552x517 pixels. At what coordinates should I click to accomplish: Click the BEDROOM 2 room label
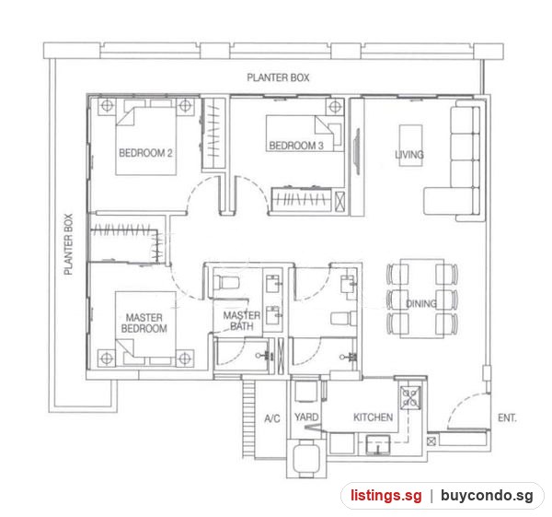(x=145, y=153)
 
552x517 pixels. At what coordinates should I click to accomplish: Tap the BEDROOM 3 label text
(x=296, y=146)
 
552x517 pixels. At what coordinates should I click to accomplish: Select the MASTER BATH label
(x=242, y=321)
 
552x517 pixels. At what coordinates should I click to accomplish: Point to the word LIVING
(x=409, y=155)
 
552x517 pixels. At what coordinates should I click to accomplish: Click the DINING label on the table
(x=421, y=303)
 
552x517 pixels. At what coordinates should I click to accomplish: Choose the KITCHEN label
(x=373, y=417)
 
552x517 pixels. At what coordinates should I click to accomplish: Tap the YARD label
(x=306, y=417)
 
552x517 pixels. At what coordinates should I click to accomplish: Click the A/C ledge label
(x=272, y=418)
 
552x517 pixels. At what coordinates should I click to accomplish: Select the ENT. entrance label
(x=507, y=417)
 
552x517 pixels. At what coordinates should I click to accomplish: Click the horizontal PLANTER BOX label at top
(x=278, y=77)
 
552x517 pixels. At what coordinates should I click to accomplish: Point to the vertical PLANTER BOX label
(x=68, y=244)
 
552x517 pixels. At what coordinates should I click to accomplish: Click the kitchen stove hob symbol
(x=410, y=398)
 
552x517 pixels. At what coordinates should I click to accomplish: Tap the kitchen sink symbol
(x=378, y=445)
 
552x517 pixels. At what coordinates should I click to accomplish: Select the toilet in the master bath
(x=226, y=283)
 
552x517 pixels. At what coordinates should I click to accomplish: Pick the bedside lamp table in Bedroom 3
(x=335, y=106)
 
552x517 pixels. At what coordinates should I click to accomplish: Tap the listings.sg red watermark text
(x=385, y=495)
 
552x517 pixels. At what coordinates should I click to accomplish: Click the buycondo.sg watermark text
(x=487, y=495)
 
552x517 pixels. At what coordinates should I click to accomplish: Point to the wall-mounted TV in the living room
(x=357, y=151)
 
